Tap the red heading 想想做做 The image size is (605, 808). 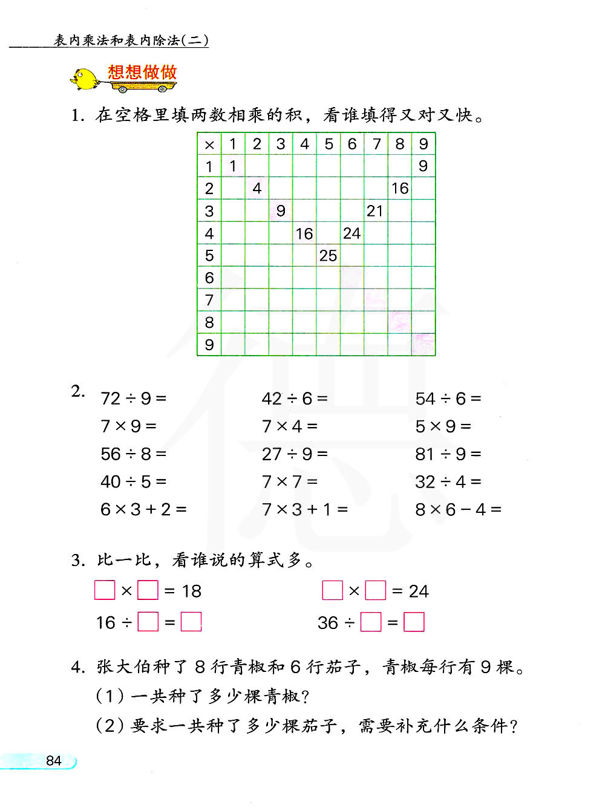point(142,73)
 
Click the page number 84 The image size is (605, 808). point(54,761)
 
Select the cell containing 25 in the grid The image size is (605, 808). point(328,256)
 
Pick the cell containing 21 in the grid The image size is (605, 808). point(375,211)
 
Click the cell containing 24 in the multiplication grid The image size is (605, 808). point(352,233)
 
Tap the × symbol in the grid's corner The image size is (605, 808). point(209,145)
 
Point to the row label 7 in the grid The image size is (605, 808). point(209,300)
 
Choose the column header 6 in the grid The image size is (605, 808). point(352,144)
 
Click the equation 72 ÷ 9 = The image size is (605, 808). point(133,399)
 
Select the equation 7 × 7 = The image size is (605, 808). point(289,482)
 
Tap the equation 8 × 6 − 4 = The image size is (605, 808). point(458,510)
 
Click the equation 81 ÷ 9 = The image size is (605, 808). point(448,454)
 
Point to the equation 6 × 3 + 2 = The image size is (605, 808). point(143,510)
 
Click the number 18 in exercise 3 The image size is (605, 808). point(192,591)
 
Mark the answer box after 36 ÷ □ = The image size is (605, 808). point(414,622)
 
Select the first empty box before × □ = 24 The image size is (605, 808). point(332,590)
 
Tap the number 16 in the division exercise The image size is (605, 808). point(106,623)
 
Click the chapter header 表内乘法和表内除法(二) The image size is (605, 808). point(131,41)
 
